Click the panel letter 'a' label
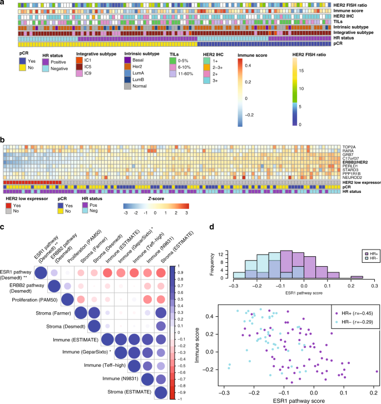point(3,3)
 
